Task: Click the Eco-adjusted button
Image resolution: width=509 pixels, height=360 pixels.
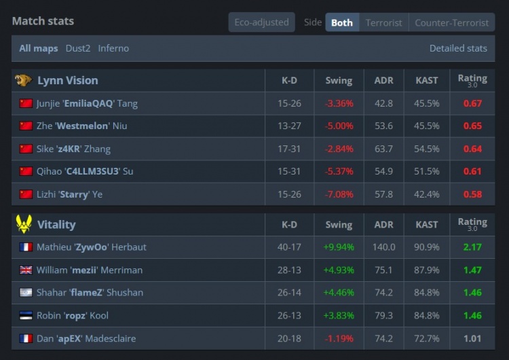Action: (x=262, y=22)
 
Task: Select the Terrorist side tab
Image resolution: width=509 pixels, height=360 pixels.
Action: (x=383, y=22)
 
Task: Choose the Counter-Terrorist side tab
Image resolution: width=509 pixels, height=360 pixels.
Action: (x=451, y=22)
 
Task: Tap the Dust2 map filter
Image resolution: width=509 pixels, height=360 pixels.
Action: (x=78, y=48)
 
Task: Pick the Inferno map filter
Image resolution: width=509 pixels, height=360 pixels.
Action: (x=113, y=48)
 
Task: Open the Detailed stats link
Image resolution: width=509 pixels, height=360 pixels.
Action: (x=458, y=48)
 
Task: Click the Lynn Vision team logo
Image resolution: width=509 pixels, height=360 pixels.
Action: (x=23, y=80)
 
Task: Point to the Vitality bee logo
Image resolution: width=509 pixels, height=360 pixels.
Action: (x=24, y=224)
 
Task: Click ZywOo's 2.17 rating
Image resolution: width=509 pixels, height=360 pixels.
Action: (x=472, y=247)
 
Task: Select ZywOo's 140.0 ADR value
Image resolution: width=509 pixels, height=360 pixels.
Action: (x=383, y=247)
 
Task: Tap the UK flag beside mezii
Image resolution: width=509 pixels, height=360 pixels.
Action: (x=26, y=270)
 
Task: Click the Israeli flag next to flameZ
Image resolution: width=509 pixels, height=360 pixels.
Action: (x=26, y=293)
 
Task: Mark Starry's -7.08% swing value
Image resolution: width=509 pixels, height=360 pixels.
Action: (x=339, y=194)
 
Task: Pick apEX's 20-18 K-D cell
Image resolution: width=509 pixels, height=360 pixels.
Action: (x=289, y=338)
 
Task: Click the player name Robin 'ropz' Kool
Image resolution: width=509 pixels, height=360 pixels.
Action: (x=73, y=315)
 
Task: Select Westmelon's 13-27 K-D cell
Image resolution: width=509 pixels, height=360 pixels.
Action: (x=289, y=126)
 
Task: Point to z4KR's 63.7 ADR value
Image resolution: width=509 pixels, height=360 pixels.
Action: (x=383, y=149)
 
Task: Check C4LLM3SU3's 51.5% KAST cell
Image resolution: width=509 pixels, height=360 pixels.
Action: (x=427, y=171)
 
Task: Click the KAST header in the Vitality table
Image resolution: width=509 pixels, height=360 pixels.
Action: (x=427, y=225)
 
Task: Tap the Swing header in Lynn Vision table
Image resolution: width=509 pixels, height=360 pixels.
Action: (x=339, y=81)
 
